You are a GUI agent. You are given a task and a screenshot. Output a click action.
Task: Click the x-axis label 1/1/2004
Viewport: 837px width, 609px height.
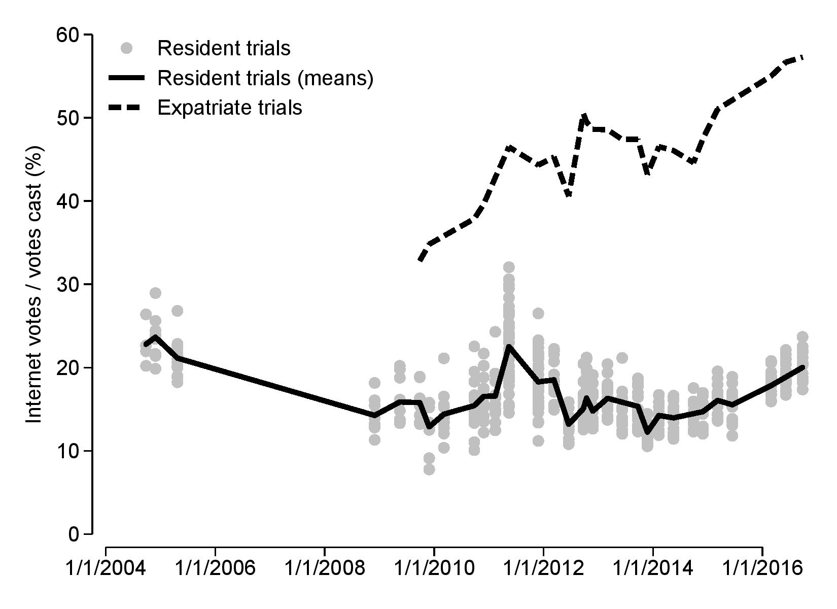point(106,568)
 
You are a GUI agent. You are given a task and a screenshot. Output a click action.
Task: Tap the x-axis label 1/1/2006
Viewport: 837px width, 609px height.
point(215,568)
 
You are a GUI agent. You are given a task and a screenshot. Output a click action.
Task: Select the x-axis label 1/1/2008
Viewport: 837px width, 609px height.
point(325,568)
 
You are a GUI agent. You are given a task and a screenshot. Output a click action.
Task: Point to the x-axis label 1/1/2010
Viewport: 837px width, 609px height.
point(434,568)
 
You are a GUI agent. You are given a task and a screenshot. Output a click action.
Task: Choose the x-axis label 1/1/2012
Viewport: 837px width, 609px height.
point(544,568)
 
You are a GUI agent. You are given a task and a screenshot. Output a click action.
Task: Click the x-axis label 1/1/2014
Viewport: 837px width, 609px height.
point(653,568)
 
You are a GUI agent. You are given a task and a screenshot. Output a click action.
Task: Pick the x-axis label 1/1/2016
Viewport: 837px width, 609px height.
point(763,568)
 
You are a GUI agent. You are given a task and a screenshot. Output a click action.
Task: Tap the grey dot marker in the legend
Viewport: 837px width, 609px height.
point(127,49)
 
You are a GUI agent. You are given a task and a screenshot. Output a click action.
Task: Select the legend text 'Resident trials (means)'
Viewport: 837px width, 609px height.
point(265,78)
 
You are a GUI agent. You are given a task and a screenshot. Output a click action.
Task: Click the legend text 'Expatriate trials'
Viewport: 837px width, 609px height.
point(230,108)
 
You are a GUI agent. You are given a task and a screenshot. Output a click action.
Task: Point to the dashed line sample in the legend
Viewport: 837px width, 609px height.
point(127,108)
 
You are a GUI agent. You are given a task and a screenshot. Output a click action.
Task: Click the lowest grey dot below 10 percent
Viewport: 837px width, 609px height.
point(429,469)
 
